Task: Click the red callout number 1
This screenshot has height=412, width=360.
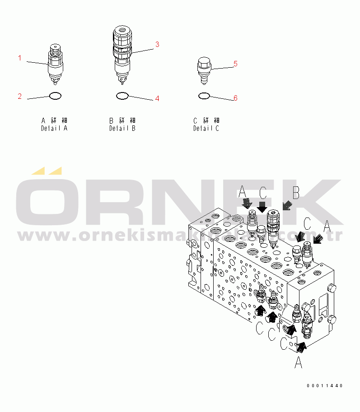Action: coord(19,58)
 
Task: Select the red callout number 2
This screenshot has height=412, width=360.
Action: coord(19,96)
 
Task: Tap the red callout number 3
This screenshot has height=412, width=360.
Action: coord(157,44)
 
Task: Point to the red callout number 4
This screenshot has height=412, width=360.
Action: coord(157,98)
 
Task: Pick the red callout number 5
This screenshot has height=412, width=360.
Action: coord(235,64)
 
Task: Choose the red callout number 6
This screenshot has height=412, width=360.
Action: coord(235,97)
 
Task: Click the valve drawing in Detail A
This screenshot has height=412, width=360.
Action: coord(55,64)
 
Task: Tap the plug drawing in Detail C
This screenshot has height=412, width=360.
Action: coord(204,70)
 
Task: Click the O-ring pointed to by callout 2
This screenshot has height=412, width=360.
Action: coord(55,96)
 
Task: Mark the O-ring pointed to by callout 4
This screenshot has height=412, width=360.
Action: coord(122,96)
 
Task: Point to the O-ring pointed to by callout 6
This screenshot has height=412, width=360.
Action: coord(204,96)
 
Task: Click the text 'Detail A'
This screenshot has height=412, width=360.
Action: coord(54,129)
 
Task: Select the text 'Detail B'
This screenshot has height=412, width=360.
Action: coord(122,129)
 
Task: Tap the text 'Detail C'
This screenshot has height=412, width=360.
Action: coord(206,129)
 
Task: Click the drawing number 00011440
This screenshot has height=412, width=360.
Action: coord(324,386)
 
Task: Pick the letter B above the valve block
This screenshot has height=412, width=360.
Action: coord(295,193)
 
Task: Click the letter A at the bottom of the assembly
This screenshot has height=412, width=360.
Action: coord(298,362)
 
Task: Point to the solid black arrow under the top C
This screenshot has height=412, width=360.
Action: coord(262,208)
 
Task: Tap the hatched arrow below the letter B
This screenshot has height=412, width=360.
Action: coord(285,206)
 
